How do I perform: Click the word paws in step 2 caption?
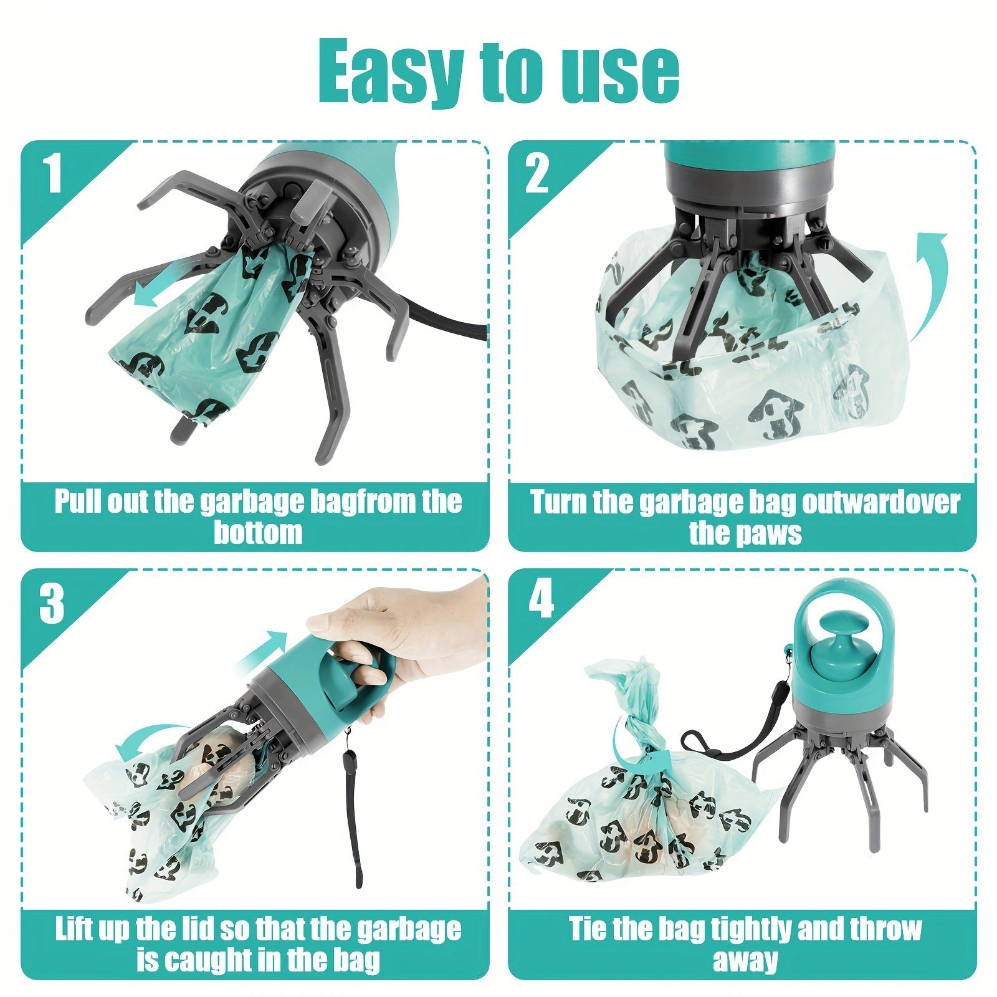click(776, 533)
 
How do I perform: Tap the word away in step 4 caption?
click(745, 960)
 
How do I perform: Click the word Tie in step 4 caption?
click(587, 929)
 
